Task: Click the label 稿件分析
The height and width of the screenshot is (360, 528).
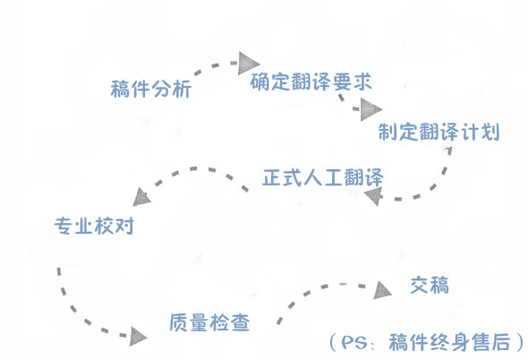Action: coord(151,89)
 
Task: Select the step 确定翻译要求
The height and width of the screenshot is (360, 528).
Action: coord(311,81)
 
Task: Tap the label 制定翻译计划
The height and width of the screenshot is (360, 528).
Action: coord(439,132)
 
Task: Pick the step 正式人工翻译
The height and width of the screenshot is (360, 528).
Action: coord(323,177)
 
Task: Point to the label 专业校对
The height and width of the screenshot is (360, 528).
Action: coord(94,226)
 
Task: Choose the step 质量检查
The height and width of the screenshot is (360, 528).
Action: coord(209,322)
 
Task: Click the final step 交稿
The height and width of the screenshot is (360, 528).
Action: coord(430,285)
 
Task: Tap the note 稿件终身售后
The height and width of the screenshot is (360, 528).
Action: coord(449,342)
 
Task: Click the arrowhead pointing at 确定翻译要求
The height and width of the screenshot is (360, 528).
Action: coord(248,64)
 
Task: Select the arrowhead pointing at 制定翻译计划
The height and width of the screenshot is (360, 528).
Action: coord(370,109)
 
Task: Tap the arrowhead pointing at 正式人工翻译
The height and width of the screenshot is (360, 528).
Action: coord(374,195)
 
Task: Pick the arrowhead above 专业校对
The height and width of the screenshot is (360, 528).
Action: coord(141,198)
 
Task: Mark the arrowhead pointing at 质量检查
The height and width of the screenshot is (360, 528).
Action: coord(138,337)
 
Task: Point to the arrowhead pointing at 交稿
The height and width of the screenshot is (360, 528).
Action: coord(381,290)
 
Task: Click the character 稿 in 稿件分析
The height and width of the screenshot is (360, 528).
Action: coord(121,89)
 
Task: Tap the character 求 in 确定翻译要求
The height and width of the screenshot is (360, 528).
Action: coord(362,81)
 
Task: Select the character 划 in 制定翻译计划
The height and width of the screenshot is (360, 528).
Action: coord(490,132)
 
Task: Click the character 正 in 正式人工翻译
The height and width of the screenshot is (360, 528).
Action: coord(272,177)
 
